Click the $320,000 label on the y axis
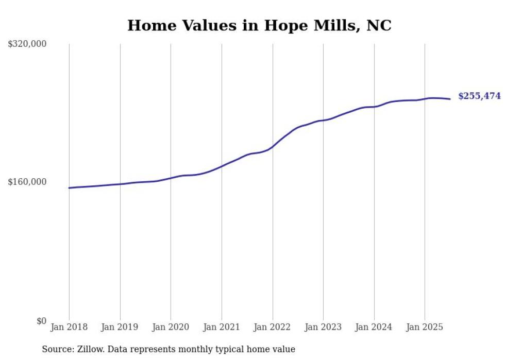[x=27, y=44]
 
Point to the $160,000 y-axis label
[x=27, y=182]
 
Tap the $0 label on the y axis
[x=41, y=321]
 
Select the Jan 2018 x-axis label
[x=69, y=327]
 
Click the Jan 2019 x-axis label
[x=120, y=327]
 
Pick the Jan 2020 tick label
[x=171, y=327]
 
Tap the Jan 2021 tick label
[x=222, y=327]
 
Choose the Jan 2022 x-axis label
[x=273, y=327]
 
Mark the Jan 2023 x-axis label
[x=323, y=327]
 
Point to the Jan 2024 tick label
[x=374, y=327]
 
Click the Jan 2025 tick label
[x=425, y=327]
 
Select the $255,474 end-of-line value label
[x=479, y=96]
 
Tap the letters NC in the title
[x=379, y=25]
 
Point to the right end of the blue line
[x=450, y=99]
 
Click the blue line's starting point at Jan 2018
[x=69, y=188]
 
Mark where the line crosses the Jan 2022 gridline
[x=273, y=146]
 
